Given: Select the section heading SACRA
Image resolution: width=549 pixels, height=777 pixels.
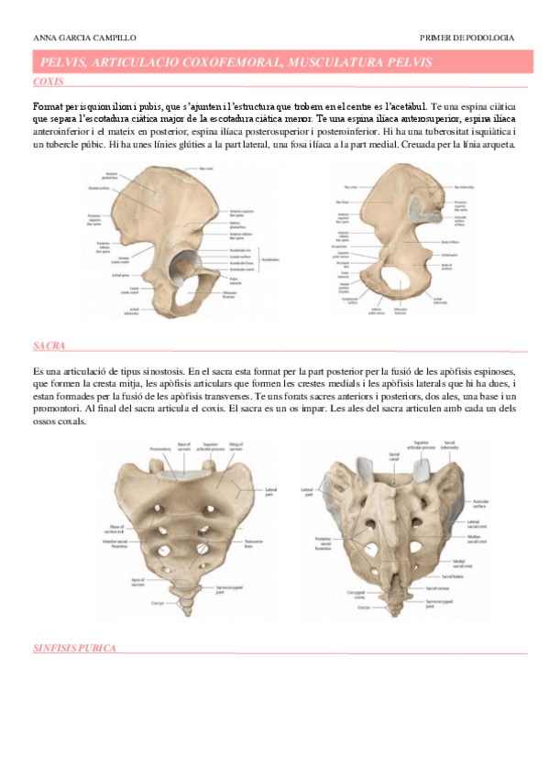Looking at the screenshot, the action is (x=49, y=346).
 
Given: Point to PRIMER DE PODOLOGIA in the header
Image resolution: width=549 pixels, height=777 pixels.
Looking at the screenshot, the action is (x=466, y=38).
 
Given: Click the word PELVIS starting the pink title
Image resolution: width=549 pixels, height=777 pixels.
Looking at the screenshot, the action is (x=62, y=61).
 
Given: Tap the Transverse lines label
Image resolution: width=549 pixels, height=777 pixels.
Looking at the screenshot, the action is (x=253, y=542).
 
